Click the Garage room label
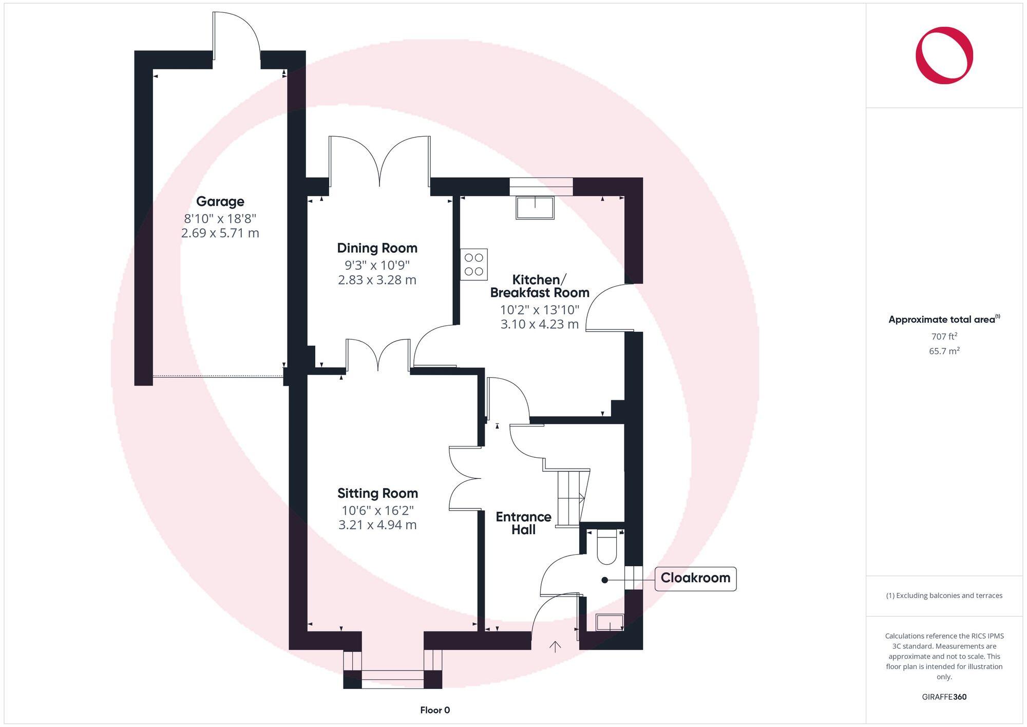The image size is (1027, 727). pos(220,201)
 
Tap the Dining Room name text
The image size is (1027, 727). pos(377,248)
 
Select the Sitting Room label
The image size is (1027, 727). pos(377,493)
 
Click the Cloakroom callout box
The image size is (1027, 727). pos(695,579)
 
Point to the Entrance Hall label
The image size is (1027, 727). pos(523,523)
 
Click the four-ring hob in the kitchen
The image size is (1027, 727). pos(473,265)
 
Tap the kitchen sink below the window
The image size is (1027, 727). pos(535,208)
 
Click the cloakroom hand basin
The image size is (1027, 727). pos(610,623)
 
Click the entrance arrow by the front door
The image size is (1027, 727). pos(555,647)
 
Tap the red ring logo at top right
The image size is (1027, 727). pos(944,55)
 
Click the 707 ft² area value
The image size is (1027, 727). pos(944,337)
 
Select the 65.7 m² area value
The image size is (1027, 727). pos(944,351)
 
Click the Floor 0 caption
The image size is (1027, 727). pos(435,710)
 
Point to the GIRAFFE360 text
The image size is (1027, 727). pos(944,697)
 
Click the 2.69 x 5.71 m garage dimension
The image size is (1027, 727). pos(220,233)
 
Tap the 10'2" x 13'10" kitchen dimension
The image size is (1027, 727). pos(539,310)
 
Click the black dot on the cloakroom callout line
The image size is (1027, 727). pos(605,580)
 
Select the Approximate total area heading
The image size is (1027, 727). pos(942,320)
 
